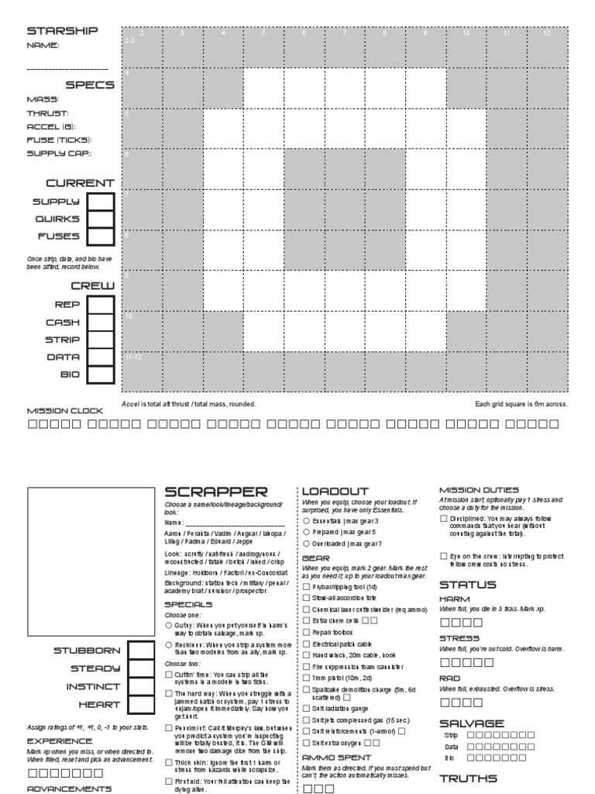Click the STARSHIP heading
[x=63, y=31]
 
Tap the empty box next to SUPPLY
[x=100, y=202]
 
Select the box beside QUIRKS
[x=100, y=219]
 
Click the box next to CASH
[x=100, y=323]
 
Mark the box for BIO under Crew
[x=100, y=375]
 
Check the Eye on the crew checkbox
[x=443, y=556]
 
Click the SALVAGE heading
[x=472, y=722]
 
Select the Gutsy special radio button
[x=169, y=624]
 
